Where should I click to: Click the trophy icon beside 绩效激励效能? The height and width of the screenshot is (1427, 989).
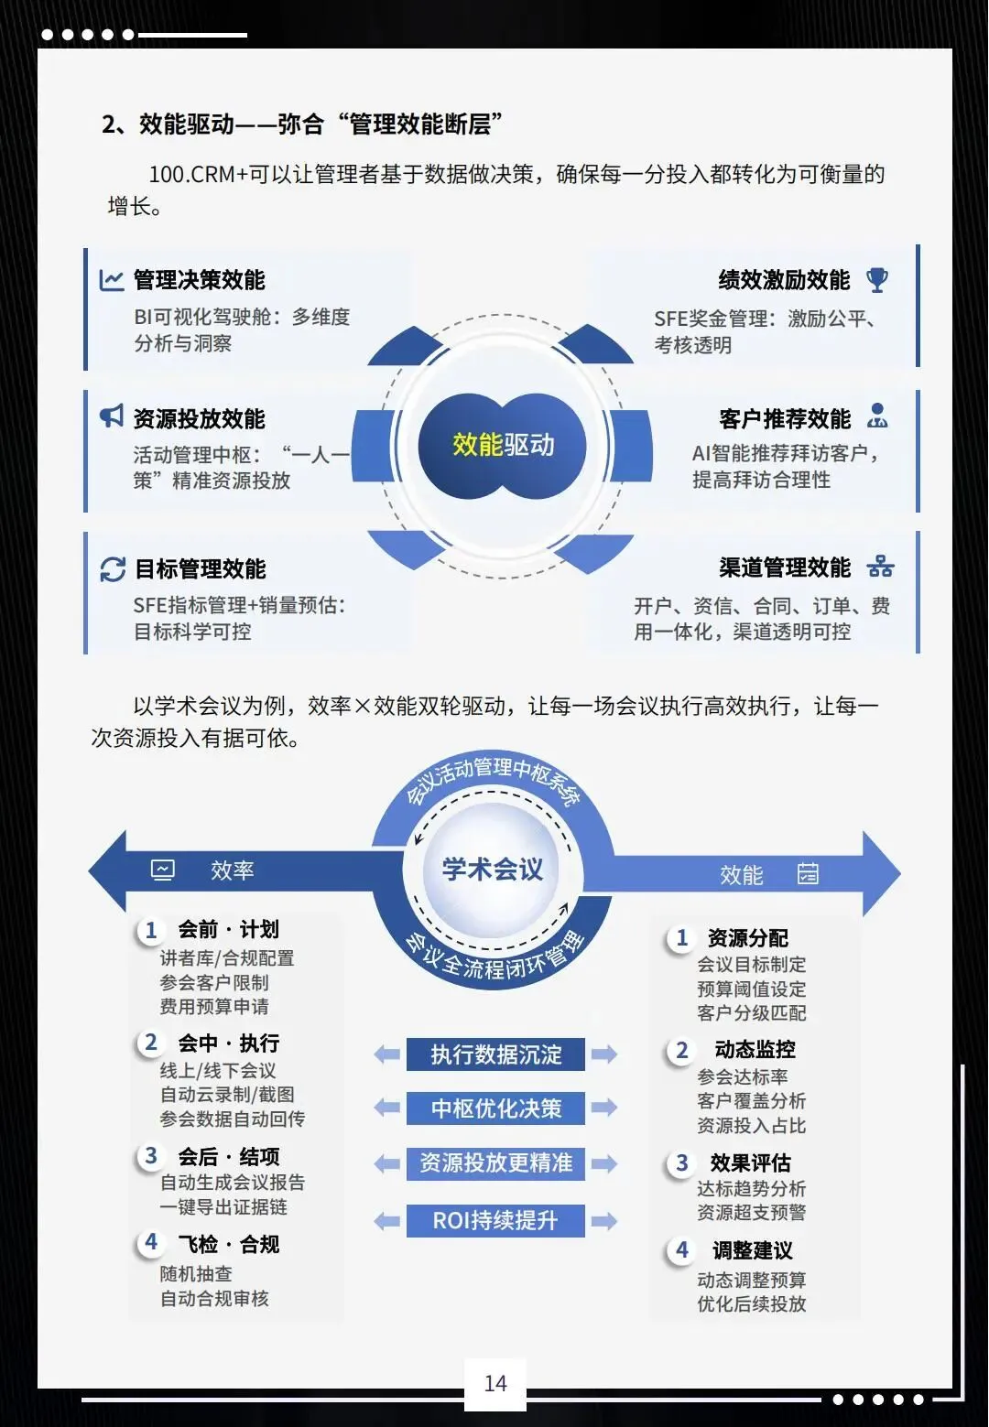pyautogui.click(x=877, y=280)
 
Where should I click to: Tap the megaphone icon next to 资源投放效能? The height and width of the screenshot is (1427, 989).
pyautogui.click(x=112, y=416)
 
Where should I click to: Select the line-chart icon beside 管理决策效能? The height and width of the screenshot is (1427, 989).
pyautogui.click(x=112, y=279)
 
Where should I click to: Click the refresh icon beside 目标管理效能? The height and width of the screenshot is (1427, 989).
pyautogui.click(x=113, y=569)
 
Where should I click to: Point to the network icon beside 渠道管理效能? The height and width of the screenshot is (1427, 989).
pyautogui.click(x=880, y=567)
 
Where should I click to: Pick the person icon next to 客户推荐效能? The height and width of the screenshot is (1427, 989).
pyautogui.click(x=877, y=416)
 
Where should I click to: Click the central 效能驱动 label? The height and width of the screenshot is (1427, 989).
pyautogui.click(x=503, y=445)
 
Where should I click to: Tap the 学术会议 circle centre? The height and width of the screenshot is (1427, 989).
pyautogui.click(x=493, y=869)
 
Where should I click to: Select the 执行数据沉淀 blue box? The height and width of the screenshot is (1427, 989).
pyautogui.click(x=495, y=1054)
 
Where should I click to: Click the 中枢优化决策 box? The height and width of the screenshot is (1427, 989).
pyautogui.click(x=495, y=1108)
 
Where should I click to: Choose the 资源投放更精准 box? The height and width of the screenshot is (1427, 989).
pyautogui.click(x=495, y=1163)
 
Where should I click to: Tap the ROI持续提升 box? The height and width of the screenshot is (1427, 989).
pyautogui.click(x=495, y=1220)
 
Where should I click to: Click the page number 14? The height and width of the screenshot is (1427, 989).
pyautogui.click(x=495, y=1383)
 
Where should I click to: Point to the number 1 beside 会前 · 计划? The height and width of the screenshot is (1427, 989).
pyautogui.click(x=151, y=931)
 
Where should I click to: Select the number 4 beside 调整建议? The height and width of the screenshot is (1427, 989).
pyautogui.click(x=682, y=1250)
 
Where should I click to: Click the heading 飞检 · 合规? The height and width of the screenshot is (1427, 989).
pyautogui.click(x=228, y=1244)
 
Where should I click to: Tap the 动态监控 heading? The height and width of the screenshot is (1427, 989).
pyautogui.click(x=755, y=1049)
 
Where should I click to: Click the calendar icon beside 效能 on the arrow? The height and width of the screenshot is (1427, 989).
pyautogui.click(x=808, y=874)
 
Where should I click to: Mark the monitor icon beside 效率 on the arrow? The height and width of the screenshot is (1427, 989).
pyautogui.click(x=163, y=870)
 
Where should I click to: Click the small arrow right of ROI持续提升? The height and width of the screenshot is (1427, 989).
pyautogui.click(x=604, y=1221)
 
